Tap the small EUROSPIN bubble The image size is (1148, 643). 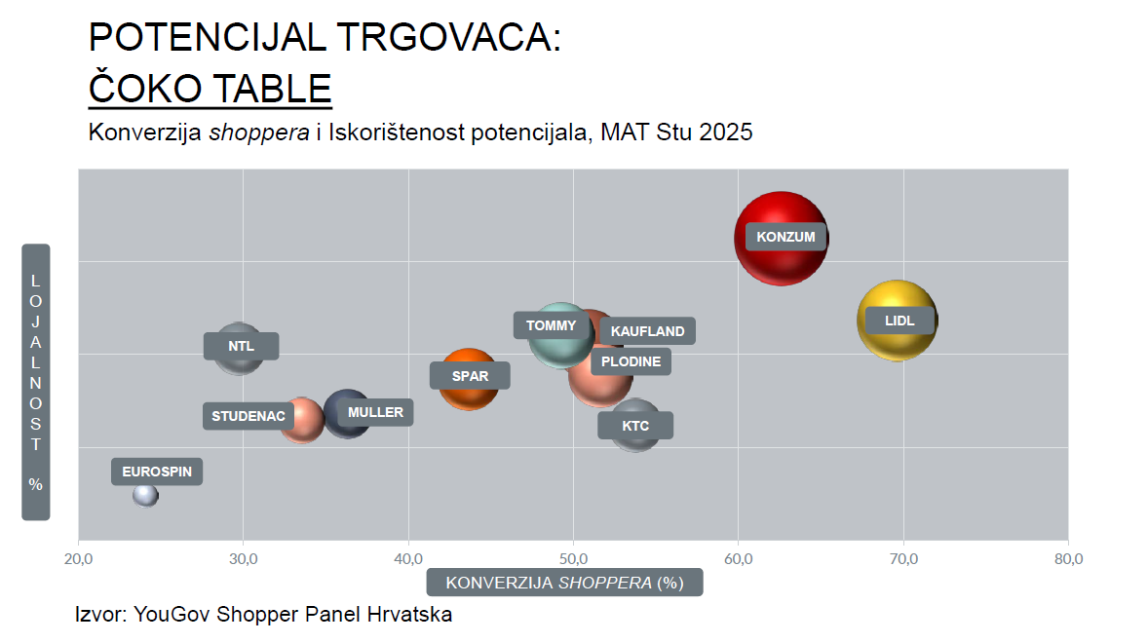(x=145, y=495)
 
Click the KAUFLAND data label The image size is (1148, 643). (x=647, y=331)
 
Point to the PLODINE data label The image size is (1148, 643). (x=631, y=361)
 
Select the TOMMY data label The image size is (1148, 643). (x=551, y=325)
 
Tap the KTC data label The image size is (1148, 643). (x=635, y=426)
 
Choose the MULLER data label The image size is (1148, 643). (x=375, y=412)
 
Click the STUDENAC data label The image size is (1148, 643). (x=249, y=416)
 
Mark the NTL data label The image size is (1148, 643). (x=241, y=346)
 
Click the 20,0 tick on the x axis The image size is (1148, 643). (x=78, y=559)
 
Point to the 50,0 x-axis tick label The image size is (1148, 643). (x=573, y=559)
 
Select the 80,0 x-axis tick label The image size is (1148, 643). (x=1068, y=559)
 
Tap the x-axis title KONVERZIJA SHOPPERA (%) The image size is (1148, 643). (x=564, y=583)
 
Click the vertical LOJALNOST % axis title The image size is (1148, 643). (x=36, y=381)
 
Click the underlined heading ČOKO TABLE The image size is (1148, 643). (x=210, y=89)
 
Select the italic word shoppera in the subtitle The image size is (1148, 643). (x=259, y=132)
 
